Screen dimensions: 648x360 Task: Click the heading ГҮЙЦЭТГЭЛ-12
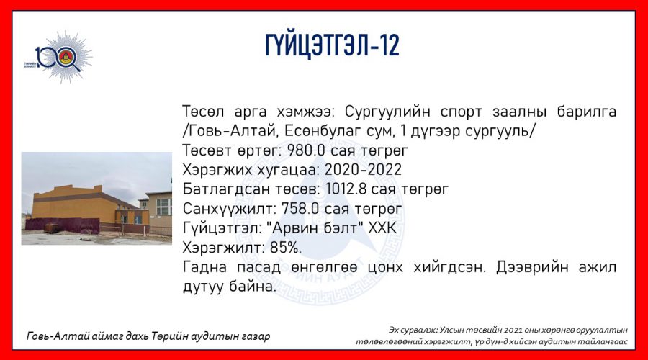click(332, 45)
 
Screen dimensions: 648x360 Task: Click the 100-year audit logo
click(58, 57)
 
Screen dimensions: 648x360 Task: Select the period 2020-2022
click(363, 170)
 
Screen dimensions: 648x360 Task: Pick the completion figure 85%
click(286, 248)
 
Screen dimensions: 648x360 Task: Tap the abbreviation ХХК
click(382, 228)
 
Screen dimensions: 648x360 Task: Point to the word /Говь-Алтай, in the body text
click(230, 132)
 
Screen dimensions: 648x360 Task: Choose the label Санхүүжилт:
click(230, 209)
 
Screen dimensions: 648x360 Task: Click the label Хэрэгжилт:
click(224, 248)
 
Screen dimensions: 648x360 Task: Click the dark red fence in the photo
click(63, 225)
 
